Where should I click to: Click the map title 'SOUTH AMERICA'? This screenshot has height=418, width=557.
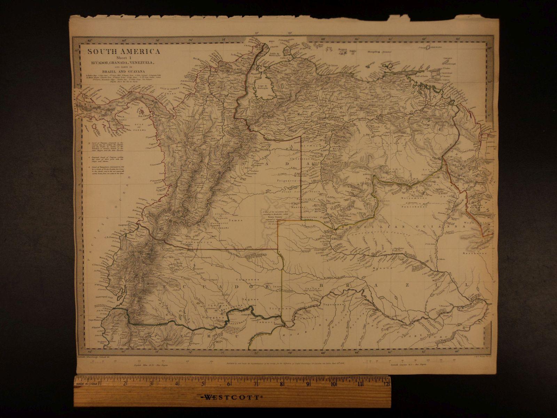[124, 52]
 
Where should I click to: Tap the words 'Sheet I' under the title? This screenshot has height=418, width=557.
[124, 58]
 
